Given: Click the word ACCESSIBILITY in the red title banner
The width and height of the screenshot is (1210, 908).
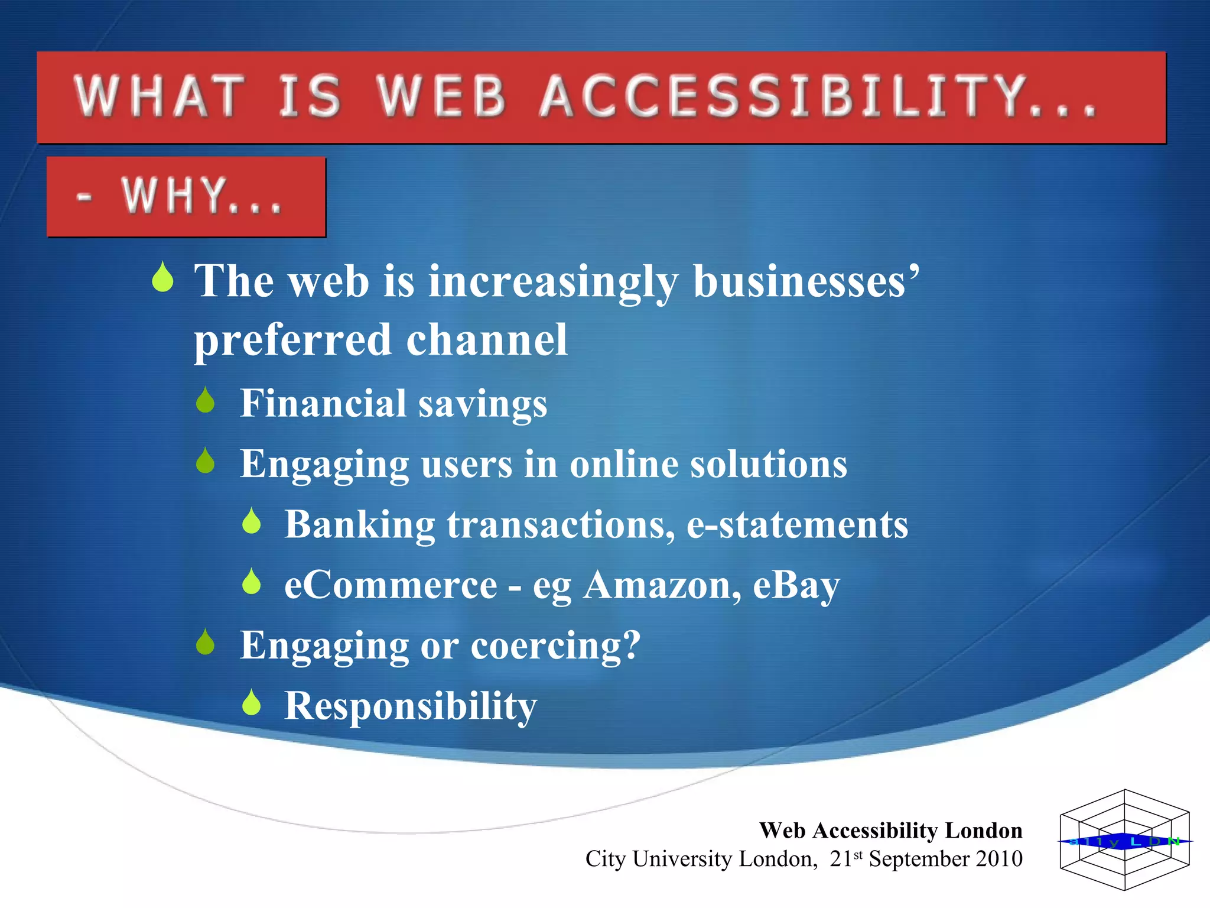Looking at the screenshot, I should click(818, 96).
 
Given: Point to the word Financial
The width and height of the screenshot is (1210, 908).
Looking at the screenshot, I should click(323, 403).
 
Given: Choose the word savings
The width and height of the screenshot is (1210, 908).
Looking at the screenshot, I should click(483, 404).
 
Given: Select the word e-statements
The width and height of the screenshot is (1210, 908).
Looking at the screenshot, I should click(797, 525).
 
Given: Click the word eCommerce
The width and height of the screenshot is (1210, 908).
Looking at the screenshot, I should click(391, 585).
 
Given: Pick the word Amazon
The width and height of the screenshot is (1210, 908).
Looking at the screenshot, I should click(662, 585).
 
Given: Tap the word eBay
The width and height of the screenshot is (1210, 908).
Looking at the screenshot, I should click(796, 585).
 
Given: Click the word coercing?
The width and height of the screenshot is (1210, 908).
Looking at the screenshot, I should click(555, 645).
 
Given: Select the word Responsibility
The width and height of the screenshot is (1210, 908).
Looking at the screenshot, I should click(411, 706).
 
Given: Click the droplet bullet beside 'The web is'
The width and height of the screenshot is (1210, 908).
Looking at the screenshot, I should click(162, 278).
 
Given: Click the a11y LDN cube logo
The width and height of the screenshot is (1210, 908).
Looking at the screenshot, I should click(1124, 840).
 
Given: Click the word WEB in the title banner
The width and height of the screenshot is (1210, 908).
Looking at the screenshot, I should click(441, 96).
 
